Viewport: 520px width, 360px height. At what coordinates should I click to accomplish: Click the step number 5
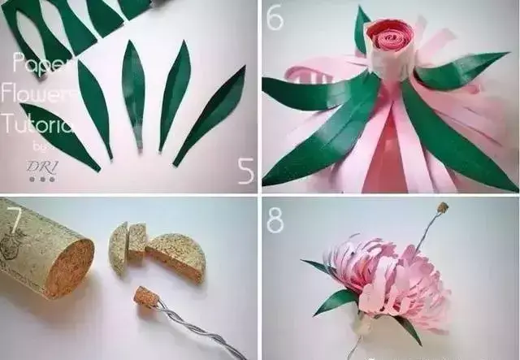(x=245, y=170)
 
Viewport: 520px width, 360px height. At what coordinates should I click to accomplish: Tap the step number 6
(x=275, y=16)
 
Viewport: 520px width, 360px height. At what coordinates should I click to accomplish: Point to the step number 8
(x=276, y=220)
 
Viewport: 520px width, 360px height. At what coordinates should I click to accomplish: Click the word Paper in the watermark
(x=29, y=61)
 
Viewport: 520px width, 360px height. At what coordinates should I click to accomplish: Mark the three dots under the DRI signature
(x=42, y=179)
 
